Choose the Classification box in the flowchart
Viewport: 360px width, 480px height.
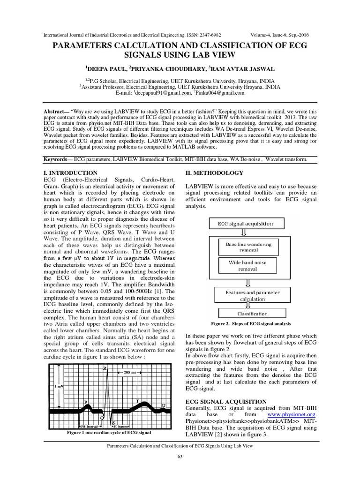(x=252, y=314)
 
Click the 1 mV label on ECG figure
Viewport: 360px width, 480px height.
(x=59, y=386)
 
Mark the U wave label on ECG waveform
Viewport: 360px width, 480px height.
(x=164, y=405)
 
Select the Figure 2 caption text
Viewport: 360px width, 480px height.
(x=251, y=324)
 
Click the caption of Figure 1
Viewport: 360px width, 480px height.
(x=109, y=433)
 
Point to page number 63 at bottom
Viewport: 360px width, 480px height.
(x=180, y=457)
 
